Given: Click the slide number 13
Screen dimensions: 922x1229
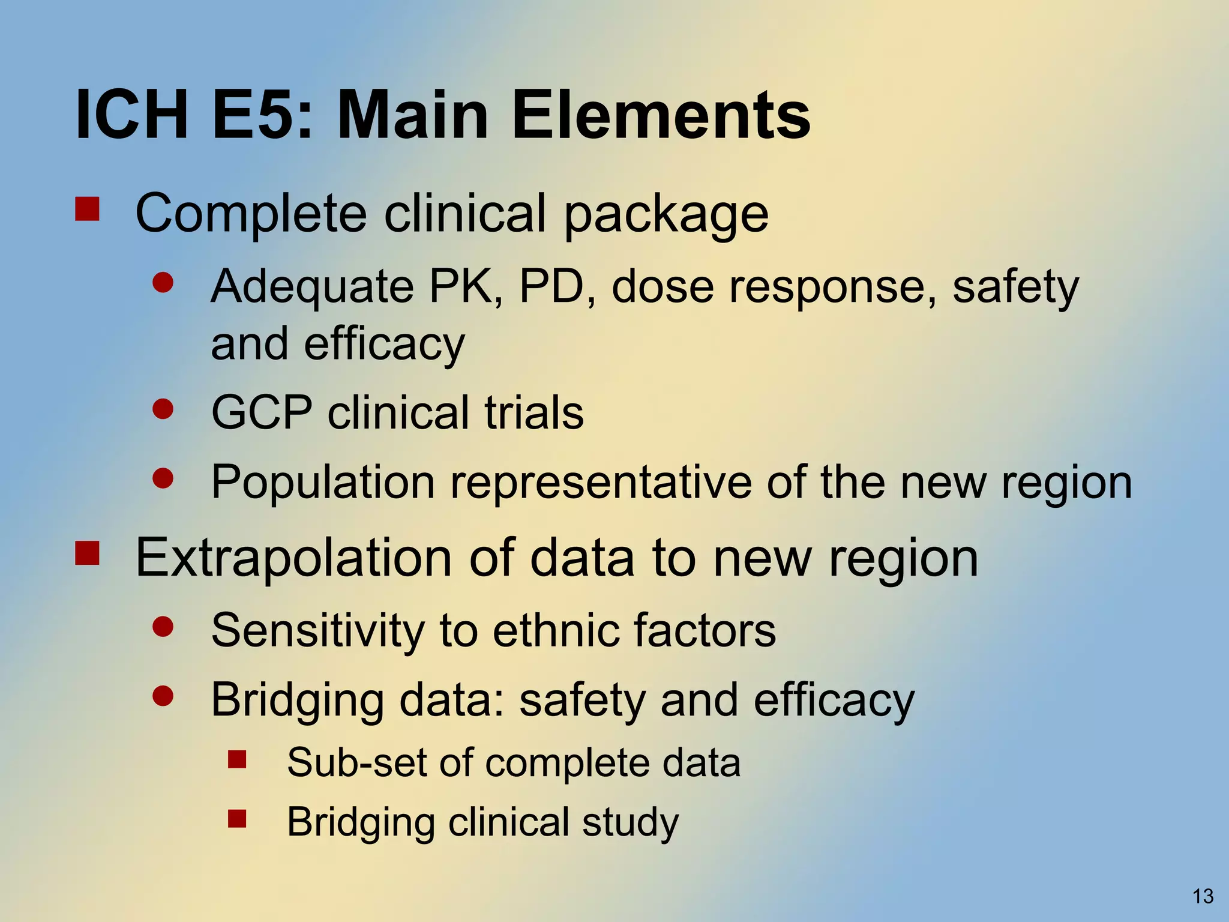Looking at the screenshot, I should pos(1203,896).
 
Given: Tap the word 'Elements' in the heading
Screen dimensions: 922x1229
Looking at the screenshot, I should pos(661,114).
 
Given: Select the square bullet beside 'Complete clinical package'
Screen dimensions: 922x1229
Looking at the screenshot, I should pos(87,210).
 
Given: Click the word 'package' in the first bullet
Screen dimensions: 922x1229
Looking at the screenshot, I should pos(666,215).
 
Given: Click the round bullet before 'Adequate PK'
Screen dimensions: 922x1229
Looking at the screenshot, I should pos(163,283).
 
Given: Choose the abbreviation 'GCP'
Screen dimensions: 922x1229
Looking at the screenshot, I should pos(262,412).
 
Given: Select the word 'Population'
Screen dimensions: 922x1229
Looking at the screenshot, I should pos(323,482).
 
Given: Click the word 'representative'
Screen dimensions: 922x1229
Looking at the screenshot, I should pos(601,482).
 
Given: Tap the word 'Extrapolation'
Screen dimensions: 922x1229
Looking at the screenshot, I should pos(293,558).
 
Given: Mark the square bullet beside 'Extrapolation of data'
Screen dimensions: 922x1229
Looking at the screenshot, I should pos(87,553).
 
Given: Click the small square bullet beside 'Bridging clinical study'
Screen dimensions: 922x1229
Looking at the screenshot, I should pos(237,819).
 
